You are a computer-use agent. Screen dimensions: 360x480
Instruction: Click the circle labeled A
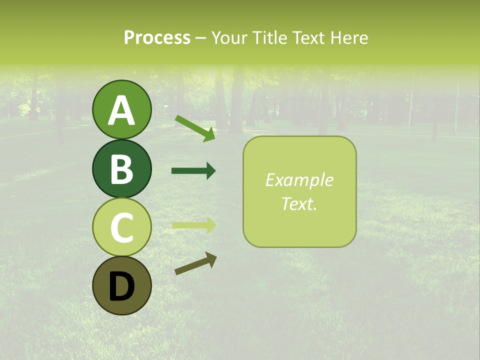[121, 109]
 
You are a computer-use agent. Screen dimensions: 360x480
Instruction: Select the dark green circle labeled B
[121, 168]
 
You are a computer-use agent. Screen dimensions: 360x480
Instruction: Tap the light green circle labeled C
[121, 227]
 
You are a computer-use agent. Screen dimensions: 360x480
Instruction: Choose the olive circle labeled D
[121, 285]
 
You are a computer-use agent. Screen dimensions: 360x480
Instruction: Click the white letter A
[121, 110]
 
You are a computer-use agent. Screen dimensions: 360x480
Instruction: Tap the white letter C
[121, 227]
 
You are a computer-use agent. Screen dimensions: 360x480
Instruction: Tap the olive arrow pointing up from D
[195, 263]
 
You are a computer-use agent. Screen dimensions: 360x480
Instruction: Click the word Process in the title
[157, 37]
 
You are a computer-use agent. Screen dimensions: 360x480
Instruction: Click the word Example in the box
[299, 180]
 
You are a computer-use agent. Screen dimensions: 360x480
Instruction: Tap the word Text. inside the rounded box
[299, 203]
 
